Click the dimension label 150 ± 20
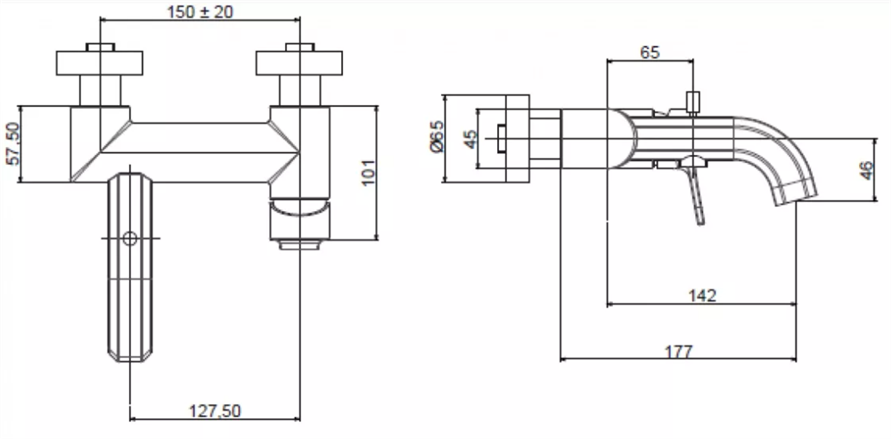point(200,12)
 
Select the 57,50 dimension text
point(12,144)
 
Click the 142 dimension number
point(702,296)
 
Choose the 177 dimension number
point(678,352)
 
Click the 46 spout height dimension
point(866,170)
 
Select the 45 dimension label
point(471,139)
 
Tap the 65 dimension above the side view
point(650,53)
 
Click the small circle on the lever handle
point(130,238)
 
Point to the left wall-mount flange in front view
point(100,63)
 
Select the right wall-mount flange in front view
point(298,63)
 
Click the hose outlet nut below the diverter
point(299,245)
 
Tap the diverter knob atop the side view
point(692,102)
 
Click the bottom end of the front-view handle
point(130,358)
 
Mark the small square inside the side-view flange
point(501,139)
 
